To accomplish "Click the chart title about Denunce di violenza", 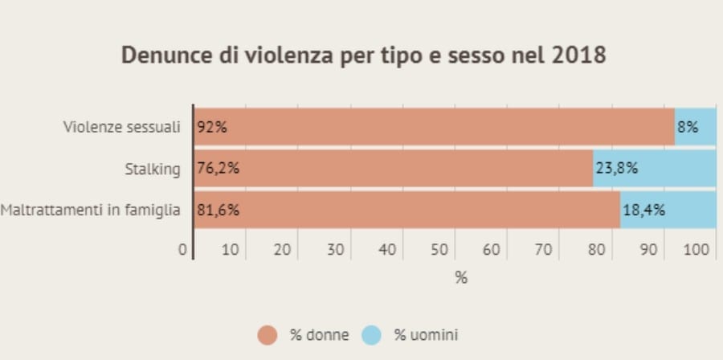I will pyautogui.click(x=362, y=55).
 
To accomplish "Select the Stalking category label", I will pyautogui.click(x=153, y=169).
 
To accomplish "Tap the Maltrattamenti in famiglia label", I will pyautogui.click(x=91, y=211).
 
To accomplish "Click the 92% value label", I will pyautogui.click(x=212, y=127).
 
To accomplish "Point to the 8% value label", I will pyautogui.click(x=688, y=127).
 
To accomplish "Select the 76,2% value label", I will pyautogui.click(x=219, y=169).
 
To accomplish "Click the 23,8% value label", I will pyautogui.click(x=617, y=169).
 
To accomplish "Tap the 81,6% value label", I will pyautogui.click(x=219, y=211).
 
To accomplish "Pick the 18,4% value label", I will pyautogui.click(x=644, y=211).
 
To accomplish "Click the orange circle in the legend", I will pyautogui.click(x=268, y=335).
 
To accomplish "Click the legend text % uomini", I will pyautogui.click(x=426, y=335).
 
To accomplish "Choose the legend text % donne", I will pyautogui.click(x=319, y=335).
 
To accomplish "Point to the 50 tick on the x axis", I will pyautogui.click(x=439, y=250).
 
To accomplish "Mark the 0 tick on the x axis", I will pyautogui.click(x=182, y=250).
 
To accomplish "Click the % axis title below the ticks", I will pyautogui.click(x=461, y=278).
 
